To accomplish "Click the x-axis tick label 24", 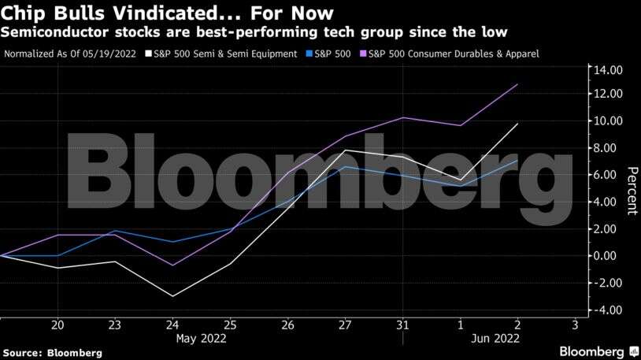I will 172,325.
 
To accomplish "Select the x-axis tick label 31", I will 402,325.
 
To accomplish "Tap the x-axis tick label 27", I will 345,325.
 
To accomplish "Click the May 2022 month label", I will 201,339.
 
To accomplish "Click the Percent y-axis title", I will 631,190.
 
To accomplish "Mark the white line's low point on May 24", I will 172,296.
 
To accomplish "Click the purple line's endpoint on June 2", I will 517,84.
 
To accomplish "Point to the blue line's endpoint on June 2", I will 517,161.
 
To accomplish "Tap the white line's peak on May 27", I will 345,150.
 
